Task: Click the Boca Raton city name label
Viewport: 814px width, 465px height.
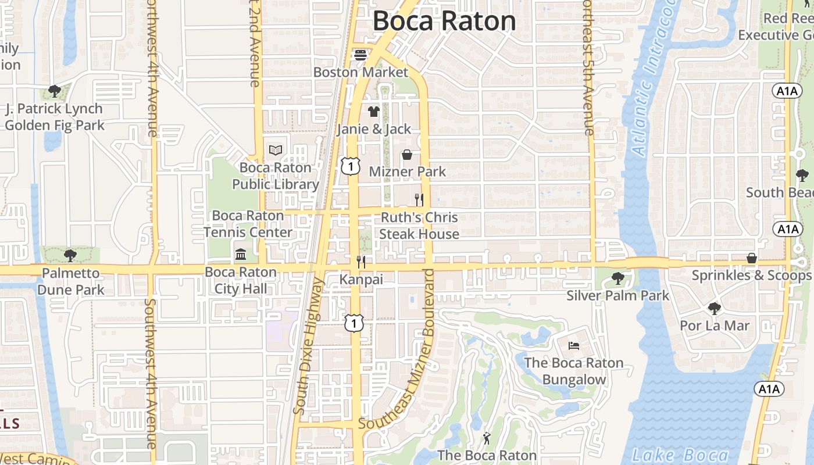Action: tap(444, 21)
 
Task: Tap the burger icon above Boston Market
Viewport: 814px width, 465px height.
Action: tap(360, 56)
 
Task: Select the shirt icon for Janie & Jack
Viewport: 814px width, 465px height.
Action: tap(373, 112)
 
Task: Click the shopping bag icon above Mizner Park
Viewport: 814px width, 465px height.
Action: tap(407, 155)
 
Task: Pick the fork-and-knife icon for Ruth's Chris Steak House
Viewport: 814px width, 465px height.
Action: tap(419, 200)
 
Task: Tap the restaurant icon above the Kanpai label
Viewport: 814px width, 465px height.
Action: tap(361, 262)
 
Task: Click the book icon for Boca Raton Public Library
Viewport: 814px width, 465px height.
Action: tap(275, 151)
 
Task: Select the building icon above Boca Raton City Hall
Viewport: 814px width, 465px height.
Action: tap(241, 255)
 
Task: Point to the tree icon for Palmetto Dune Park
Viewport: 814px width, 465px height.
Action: tap(70, 255)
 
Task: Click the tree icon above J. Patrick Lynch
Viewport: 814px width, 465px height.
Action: tap(55, 91)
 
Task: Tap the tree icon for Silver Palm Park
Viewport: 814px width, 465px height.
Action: tap(618, 279)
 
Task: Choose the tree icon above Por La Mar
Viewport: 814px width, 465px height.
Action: tap(714, 309)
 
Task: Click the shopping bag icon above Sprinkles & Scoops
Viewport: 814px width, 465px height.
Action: tap(751, 258)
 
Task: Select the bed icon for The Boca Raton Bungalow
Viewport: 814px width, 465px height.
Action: tap(573, 346)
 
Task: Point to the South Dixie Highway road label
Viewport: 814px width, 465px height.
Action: tap(308, 346)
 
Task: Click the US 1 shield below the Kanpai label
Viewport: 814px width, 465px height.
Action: tap(354, 323)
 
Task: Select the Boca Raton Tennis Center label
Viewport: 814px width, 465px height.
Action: tap(248, 224)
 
